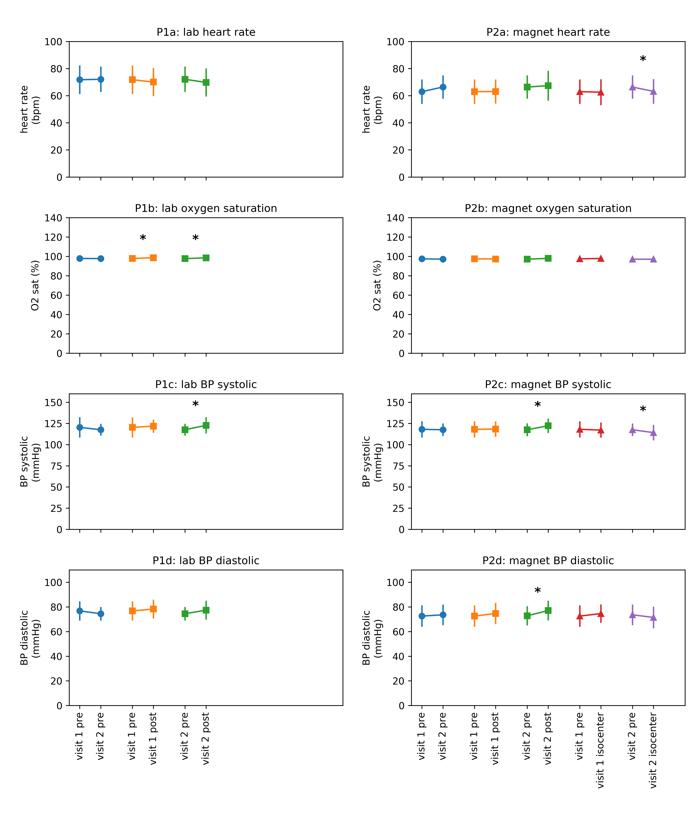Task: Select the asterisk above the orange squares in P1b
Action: click(x=143, y=238)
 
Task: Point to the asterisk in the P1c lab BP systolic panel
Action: click(x=195, y=404)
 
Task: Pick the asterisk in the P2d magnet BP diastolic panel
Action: click(x=537, y=591)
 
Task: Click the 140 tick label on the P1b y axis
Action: click(x=53, y=218)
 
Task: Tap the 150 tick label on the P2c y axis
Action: click(x=395, y=402)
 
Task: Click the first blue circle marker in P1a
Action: click(x=80, y=80)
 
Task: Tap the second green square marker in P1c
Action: click(x=206, y=425)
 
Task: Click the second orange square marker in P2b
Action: click(x=495, y=259)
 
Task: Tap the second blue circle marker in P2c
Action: click(x=443, y=430)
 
